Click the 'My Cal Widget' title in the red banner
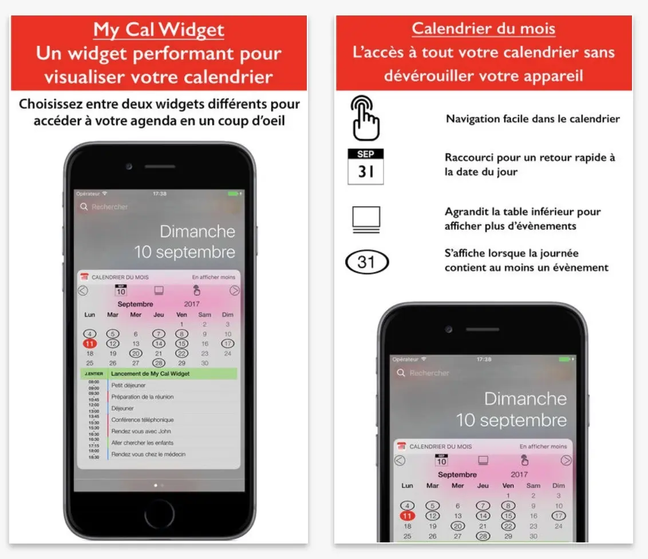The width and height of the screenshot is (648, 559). pyautogui.click(x=159, y=30)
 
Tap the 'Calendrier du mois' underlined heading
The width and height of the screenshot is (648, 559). pyautogui.click(x=483, y=29)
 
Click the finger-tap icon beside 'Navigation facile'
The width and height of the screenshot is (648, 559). pyautogui.click(x=365, y=119)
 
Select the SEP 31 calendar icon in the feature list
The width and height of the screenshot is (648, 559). pyautogui.click(x=365, y=167)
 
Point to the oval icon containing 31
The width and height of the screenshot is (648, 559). pyautogui.click(x=366, y=262)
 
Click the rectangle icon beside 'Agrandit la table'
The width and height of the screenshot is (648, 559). pyautogui.click(x=366, y=219)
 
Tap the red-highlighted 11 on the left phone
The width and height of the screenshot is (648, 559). pyautogui.click(x=90, y=344)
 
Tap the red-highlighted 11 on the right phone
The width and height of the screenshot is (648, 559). pyautogui.click(x=407, y=516)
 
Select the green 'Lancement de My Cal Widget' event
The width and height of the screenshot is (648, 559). pyautogui.click(x=151, y=374)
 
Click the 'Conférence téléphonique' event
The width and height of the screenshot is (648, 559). pyautogui.click(x=142, y=420)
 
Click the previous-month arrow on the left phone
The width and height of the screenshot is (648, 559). pyautogui.click(x=83, y=290)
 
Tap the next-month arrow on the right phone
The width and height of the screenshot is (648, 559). pyautogui.click(x=566, y=460)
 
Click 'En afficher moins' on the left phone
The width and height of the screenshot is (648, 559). pyautogui.click(x=213, y=277)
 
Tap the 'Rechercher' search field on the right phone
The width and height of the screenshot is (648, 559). pyautogui.click(x=429, y=373)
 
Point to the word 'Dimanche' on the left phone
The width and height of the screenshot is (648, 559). pyautogui.click(x=197, y=231)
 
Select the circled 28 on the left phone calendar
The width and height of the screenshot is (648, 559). pyautogui.click(x=159, y=363)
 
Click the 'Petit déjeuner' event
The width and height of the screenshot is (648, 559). pyautogui.click(x=128, y=385)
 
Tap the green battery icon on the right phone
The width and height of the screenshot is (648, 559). pyautogui.click(x=564, y=359)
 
